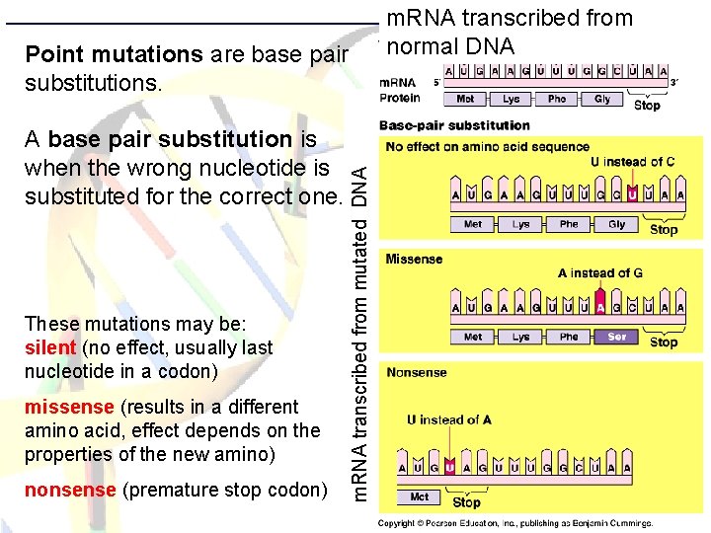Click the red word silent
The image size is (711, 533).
tap(50, 347)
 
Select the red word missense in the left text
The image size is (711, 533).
tap(65, 407)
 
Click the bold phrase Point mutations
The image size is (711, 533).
tap(114, 54)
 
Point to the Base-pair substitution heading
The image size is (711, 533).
tap(454, 125)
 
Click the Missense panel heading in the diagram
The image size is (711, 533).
tap(414, 260)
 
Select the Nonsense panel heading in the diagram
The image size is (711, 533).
tap(417, 372)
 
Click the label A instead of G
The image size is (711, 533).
tap(599, 273)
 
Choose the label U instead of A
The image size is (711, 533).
tap(448, 419)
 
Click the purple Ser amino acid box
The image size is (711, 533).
tap(616, 337)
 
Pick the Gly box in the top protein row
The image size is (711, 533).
tap(602, 99)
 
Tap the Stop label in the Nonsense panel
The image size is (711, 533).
tap(466, 502)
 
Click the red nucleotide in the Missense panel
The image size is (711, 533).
tap(600, 307)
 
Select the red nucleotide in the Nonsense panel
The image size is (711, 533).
tap(449, 467)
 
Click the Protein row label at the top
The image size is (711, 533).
tap(401, 98)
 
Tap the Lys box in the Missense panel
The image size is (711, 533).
tap(520, 337)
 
